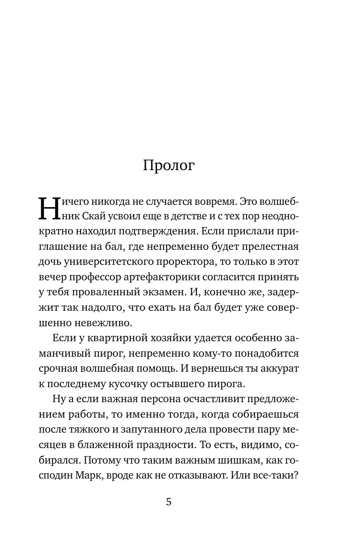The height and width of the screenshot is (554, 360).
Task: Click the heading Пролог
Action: (168, 166)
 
